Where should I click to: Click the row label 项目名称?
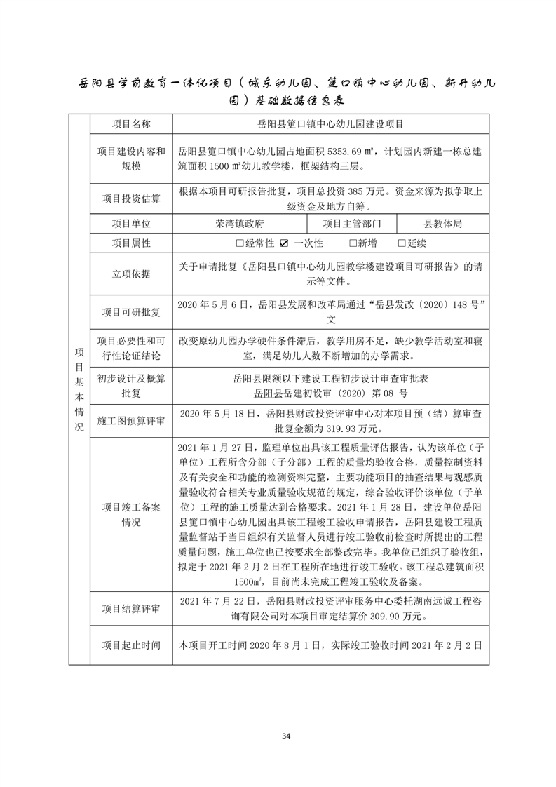(131, 124)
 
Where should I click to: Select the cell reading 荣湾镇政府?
(240, 224)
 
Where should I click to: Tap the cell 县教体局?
(442, 224)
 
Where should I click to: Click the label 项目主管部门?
(352, 224)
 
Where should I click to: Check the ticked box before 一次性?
(284, 243)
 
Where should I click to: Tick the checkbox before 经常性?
(240, 243)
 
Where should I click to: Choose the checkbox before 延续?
(402, 243)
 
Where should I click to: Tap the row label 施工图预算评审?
(131, 421)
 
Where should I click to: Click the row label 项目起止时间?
(131, 645)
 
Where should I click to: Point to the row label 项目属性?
(131, 243)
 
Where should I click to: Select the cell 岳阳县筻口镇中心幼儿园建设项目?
(330, 124)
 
